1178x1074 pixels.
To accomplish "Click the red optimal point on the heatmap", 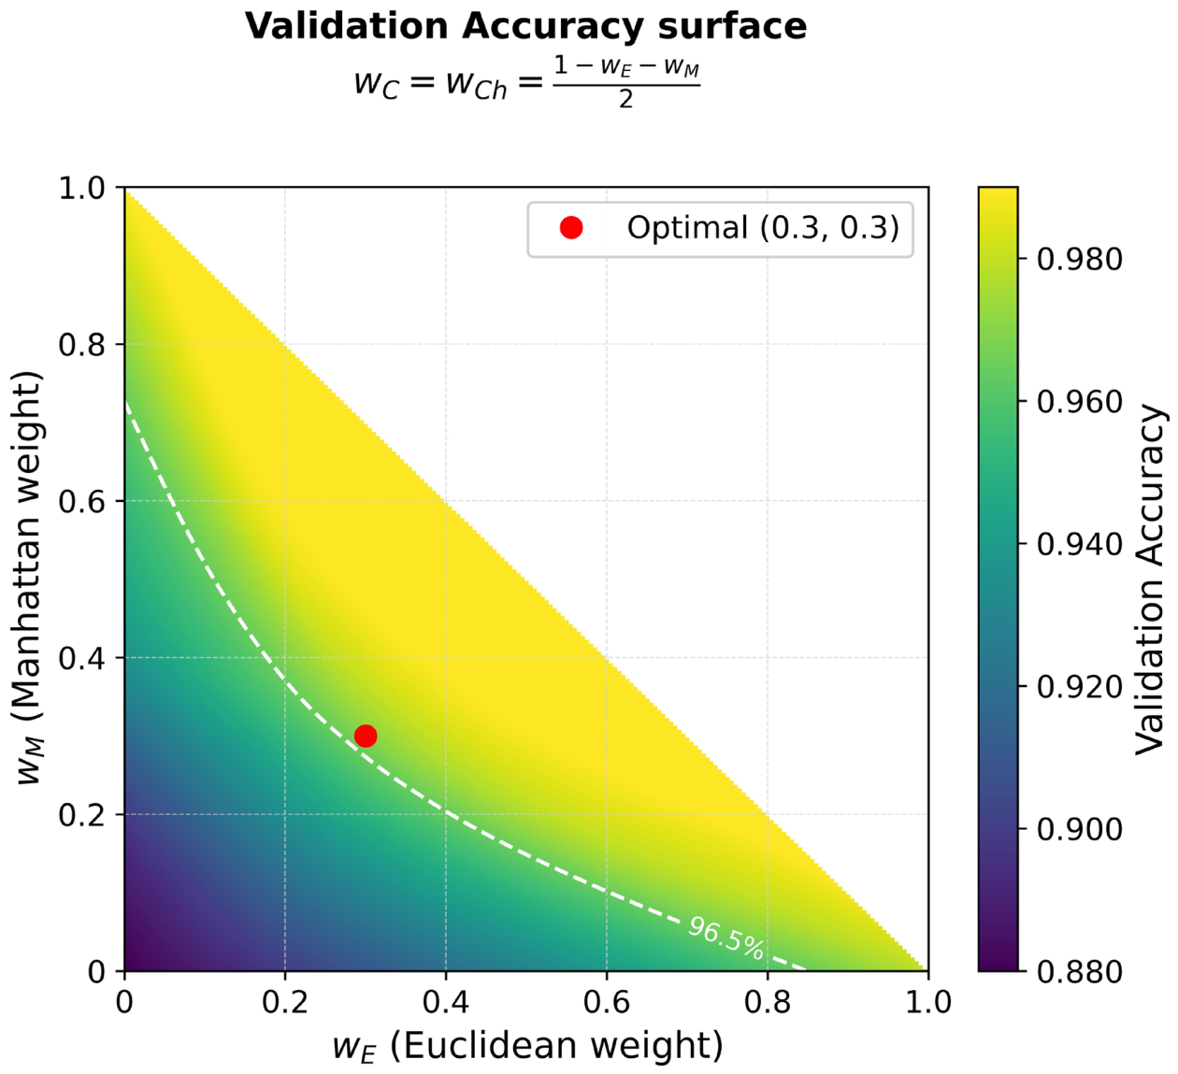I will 366,736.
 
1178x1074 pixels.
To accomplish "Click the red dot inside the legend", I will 571,228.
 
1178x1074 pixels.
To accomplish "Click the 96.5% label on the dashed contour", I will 726,938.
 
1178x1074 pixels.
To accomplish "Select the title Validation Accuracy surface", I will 525,26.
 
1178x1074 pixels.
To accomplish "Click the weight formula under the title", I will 525,82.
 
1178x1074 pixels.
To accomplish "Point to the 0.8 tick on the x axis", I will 768,1003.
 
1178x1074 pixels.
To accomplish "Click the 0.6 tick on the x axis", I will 607,1003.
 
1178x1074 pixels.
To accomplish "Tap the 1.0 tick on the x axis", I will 928,1003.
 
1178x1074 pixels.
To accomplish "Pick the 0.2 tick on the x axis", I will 285,1003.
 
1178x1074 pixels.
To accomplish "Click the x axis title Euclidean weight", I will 527,1046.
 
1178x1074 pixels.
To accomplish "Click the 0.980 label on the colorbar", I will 1079,259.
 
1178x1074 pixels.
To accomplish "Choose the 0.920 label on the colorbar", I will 1079,687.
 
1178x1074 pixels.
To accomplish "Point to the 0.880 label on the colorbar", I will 1079,972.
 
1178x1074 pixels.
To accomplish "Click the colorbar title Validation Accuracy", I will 1152,580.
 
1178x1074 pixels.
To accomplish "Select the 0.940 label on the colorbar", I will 1079,544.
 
